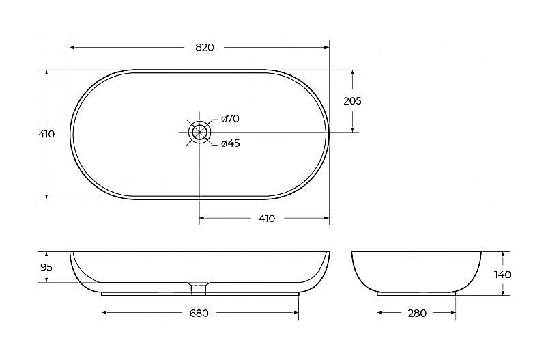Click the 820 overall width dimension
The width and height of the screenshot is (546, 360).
pyautogui.click(x=204, y=47)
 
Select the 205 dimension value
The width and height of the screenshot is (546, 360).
pyautogui.click(x=352, y=101)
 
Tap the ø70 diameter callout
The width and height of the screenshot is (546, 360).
pyautogui.click(x=230, y=119)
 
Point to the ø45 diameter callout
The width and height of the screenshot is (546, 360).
pyautogui.click(x=231, y=143)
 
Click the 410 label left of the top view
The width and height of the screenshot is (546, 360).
pyautogui.click(x=46, y=134)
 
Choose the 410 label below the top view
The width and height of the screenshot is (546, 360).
pyautogui.click(x=267, y=219)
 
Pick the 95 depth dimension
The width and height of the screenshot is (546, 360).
pyautogui.click(x=46, y=267)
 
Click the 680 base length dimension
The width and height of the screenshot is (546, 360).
pyautogui.click(x=199, y=314)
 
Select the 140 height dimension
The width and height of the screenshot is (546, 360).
pyautogui.click(x=502, y=275)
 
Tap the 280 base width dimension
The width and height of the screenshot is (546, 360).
pyautogui.click(x=417, y=314)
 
